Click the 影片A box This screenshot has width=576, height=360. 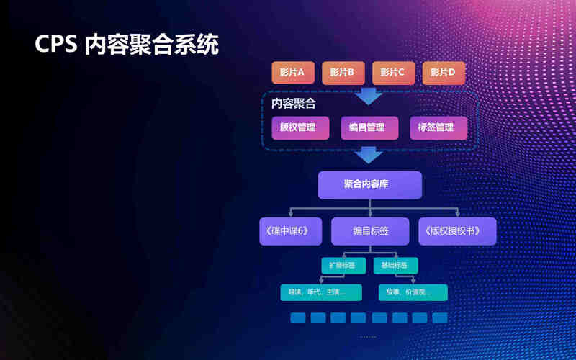[x=292, y=73]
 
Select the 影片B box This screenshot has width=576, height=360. [x=342, y=73]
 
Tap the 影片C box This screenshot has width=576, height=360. [x=392, y=73]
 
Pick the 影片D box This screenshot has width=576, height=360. [x=443, y=73]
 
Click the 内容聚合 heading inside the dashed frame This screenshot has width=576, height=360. [x=293, y=104]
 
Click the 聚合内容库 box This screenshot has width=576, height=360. [x=369, y=185]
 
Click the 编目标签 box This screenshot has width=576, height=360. [x=370, y=231]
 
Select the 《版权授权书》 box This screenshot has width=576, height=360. [x=457, y=231]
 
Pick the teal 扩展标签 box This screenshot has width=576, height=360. [x=342, y=266]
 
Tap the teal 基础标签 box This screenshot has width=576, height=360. [x=395, y=266]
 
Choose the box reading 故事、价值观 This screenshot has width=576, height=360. [x=413, y=292]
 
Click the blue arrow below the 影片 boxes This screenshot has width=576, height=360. [x=370, y=95]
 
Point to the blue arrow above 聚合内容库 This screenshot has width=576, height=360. [x=370, y=154]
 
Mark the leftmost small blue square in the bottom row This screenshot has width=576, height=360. [x=298, y=318]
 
